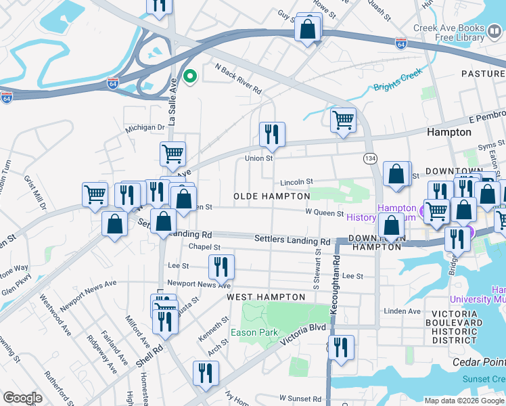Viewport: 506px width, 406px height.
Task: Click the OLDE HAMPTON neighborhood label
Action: point(271,196)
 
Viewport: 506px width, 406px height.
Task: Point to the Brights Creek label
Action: point(398,79)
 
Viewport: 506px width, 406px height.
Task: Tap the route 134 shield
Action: point(370,158)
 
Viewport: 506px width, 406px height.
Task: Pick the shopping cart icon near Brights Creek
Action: point(343,120)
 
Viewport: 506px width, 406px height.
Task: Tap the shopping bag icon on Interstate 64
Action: point(308,29)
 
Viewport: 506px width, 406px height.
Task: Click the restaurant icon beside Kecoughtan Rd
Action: point(342,347)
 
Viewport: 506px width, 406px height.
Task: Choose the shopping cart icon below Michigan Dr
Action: point(172,154)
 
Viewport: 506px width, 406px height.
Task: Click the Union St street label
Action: point(258,158)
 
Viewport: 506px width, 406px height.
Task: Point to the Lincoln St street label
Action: point(297,182)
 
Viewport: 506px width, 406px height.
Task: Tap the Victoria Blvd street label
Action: point(308,328)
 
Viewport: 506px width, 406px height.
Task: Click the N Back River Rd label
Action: point(238,78)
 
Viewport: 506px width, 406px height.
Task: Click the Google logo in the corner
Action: point(22,398)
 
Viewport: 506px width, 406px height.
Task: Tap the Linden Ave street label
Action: point(402,311)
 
